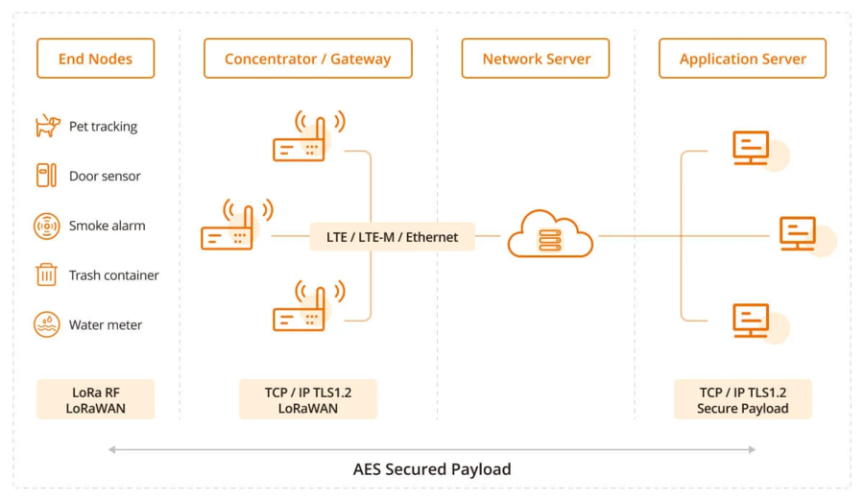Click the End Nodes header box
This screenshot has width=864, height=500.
click(x=95, y=59)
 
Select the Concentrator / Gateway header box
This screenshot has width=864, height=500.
click(x=307, y=59)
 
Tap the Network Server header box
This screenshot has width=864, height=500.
click(x=536, y=59)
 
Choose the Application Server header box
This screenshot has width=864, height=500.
click(x=742, y=59)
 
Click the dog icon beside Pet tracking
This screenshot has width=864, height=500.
click(x=47, y=126)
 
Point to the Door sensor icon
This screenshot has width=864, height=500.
click(x=46, y=176)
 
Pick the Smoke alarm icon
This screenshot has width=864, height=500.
click(x=46, y=226)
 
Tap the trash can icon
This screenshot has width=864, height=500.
click(x=46, y=275)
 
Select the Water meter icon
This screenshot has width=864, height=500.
click(x=46, y=324)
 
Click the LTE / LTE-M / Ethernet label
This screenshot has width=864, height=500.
click(x=392, y=237)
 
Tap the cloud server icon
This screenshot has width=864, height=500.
click(x=550, y=234)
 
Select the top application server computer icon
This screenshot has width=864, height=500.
click(x=752, y=150)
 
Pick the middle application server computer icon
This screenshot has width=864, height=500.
click(x=798, y=234)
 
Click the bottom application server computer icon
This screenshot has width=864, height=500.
click(x=752, y=321)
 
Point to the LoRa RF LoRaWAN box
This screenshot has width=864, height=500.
click(x=95, y=399)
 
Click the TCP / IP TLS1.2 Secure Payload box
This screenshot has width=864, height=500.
click(x=742, y=399)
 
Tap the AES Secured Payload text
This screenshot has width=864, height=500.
click(x=432, y=469)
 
